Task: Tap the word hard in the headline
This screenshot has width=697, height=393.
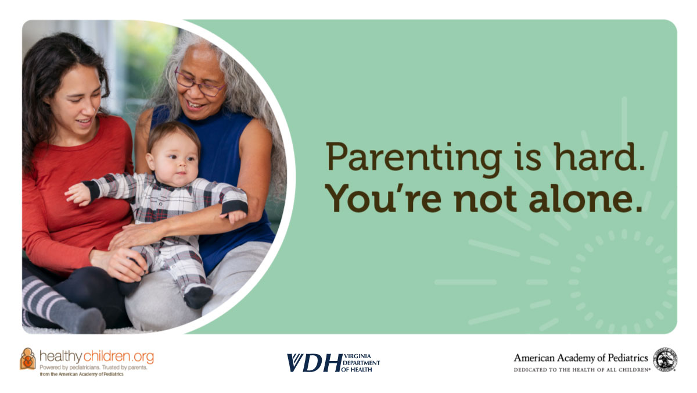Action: (x=599, y=156)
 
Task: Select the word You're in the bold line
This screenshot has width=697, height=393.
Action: (x=383, y=198)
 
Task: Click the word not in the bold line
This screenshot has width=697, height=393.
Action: (x=486, y=199)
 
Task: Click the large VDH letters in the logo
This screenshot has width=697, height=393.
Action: (x=314, y=363)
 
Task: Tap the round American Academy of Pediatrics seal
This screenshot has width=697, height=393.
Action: (x=665, y=359)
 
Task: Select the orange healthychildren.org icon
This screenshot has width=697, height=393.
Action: (x=28, y=359)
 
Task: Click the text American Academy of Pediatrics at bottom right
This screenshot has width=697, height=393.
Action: (x=581, y=358)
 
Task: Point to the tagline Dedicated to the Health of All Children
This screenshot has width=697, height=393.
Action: (x=582, y=370)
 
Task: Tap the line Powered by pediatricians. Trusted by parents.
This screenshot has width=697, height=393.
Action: (x=94, y=367)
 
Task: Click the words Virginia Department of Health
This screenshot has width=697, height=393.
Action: (x=361, y=363)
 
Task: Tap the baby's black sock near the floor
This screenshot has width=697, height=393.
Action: (x=198, y=297)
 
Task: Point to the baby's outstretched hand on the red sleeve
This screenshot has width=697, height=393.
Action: (x=78, y=194)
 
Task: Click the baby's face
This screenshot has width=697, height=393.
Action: (x=175, y=162)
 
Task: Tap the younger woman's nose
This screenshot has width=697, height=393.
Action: (x=89, y=108)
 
